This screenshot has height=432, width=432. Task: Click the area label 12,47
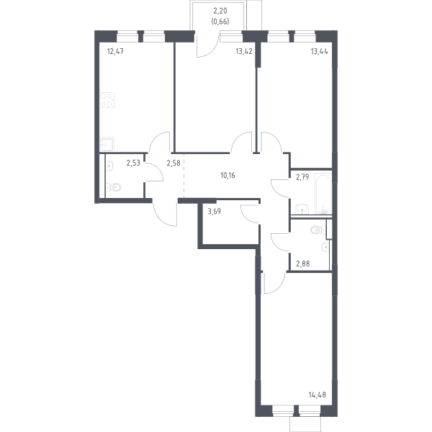click(115, 51)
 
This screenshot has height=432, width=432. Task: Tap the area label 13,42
click(244, 51)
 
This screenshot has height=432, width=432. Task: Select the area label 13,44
click(319, 51)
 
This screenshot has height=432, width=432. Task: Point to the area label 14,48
click(317, 395)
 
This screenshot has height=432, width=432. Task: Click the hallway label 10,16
click(228, 175)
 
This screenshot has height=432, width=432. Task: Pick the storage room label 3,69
click(215, 212)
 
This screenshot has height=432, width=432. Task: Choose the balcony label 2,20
click(220, 11)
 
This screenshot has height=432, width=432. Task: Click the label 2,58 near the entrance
click(174, 163)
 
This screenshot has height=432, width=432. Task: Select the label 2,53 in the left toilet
click(133, 163)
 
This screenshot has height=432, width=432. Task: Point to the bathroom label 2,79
click(302, 177)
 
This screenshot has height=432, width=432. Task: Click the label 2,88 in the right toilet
click(303, 264)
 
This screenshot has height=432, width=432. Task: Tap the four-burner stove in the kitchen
click(107, 100)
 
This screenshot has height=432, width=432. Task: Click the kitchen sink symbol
click(107, 144)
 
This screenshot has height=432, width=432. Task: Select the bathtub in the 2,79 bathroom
click(323, 194)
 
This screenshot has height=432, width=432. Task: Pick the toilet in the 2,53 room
click(114, 187)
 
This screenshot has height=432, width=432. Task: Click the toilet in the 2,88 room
click(318, 230)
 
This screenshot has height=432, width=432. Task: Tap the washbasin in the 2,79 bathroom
click(302, 209)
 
